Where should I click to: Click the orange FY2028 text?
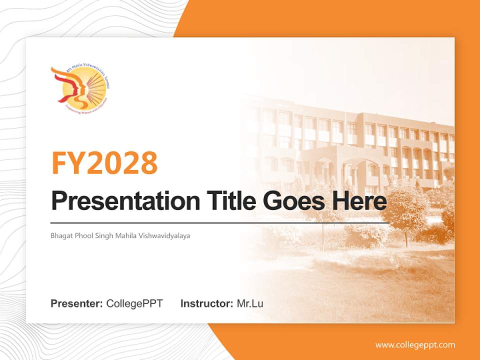pos(104,162)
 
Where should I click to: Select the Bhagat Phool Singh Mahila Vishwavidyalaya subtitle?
pos(120,235)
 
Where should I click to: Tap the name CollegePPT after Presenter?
pos(134,303)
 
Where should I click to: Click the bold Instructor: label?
pos(206,303)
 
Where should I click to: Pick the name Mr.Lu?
pos(250,303)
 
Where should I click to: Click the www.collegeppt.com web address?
pos(415,345)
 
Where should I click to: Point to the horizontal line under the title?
pos(220,222)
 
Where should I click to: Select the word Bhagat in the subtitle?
pos(60,235)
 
